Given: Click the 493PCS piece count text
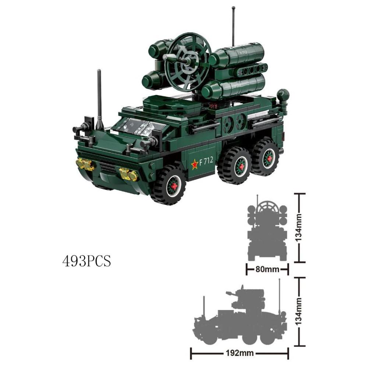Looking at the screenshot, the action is (86, 261).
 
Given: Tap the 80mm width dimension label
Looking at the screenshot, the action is (267, 269).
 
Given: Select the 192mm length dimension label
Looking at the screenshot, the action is (240, 353).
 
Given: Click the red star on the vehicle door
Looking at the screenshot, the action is (195, 164).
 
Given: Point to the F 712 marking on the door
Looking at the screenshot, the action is (206, 161).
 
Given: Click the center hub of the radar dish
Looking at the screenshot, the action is (188, 61).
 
